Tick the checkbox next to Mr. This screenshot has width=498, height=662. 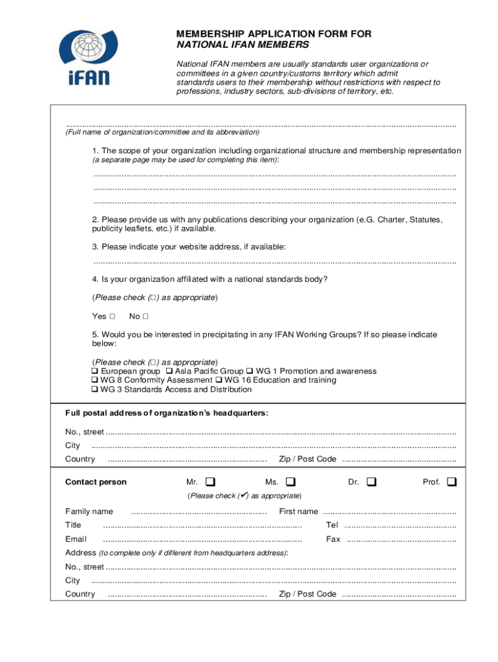(x=211, y=482)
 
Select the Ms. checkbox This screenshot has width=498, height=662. (x=290, y=482)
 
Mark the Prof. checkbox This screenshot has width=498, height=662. (x=451, y=482)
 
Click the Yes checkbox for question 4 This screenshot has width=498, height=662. (x=113, y=317)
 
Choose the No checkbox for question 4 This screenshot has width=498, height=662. (x=146, y=317)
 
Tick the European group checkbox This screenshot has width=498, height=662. (x=95, y=372)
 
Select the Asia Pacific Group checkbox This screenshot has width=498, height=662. (x=169, y=372)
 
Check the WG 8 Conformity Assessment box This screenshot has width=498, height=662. (x=95, y=381)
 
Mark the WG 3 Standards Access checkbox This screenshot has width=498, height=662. (x=95, y=390)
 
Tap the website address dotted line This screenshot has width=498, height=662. (x=274, y=262)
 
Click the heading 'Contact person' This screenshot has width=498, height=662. (x=96, y=482)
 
